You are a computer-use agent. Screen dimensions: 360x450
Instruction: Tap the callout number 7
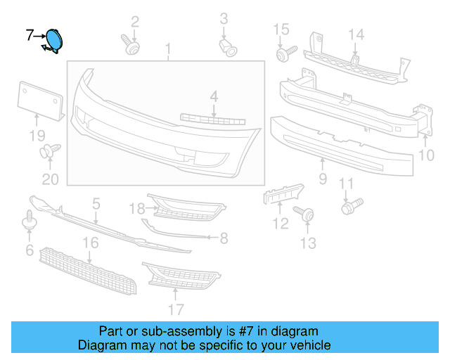click(x=30, y=34)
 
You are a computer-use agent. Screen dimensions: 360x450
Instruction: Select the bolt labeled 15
click(x=283, y=53)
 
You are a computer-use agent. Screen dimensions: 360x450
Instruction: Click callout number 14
click(x=356, y=34)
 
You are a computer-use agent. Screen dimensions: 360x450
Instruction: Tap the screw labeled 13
click(x=307, y=214)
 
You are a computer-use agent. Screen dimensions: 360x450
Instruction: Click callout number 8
click(x=223, y=239)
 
